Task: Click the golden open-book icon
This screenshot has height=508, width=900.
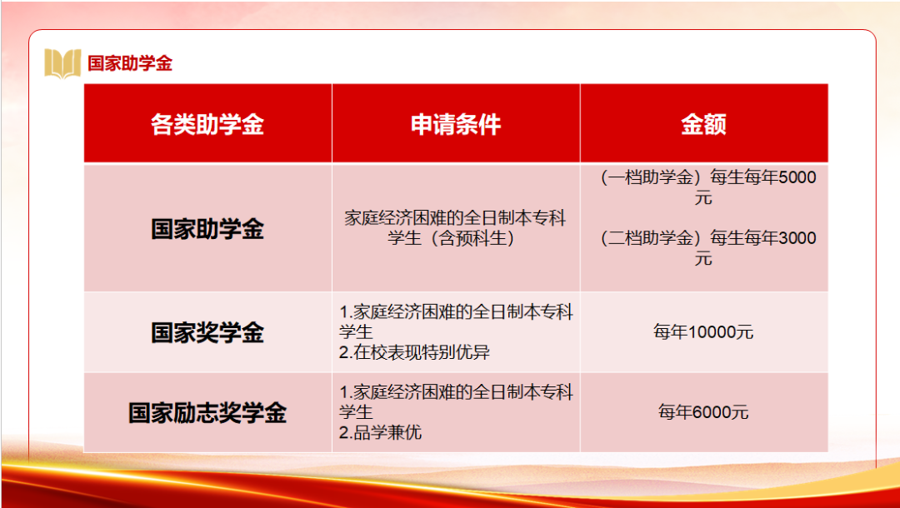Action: (62, 63)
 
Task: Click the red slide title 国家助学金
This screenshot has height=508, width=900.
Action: (130, 63)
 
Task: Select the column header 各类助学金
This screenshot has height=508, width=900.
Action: (207, 124)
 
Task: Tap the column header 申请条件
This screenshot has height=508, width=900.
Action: (456, 124)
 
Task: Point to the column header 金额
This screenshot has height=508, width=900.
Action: (703, 124)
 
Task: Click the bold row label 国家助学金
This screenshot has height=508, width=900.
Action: (207, 228)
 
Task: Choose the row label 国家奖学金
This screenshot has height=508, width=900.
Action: (207, 332)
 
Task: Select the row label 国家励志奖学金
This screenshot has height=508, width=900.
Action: (207, 413)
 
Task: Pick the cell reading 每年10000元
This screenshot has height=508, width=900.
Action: (703, 332)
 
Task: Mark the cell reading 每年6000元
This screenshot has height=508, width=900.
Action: (703, 412)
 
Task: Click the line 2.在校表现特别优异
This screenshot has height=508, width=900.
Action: (414, 352)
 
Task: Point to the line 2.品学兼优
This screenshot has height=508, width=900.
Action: (381, 432)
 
